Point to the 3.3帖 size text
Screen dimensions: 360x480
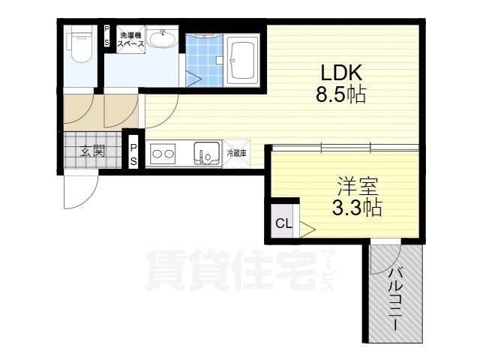357,207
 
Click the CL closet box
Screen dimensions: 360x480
283,223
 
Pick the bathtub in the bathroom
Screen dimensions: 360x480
243,59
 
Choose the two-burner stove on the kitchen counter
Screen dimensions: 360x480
163,154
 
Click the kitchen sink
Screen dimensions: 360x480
204,154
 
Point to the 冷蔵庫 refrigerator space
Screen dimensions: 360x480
237,154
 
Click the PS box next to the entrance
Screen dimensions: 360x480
133,154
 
